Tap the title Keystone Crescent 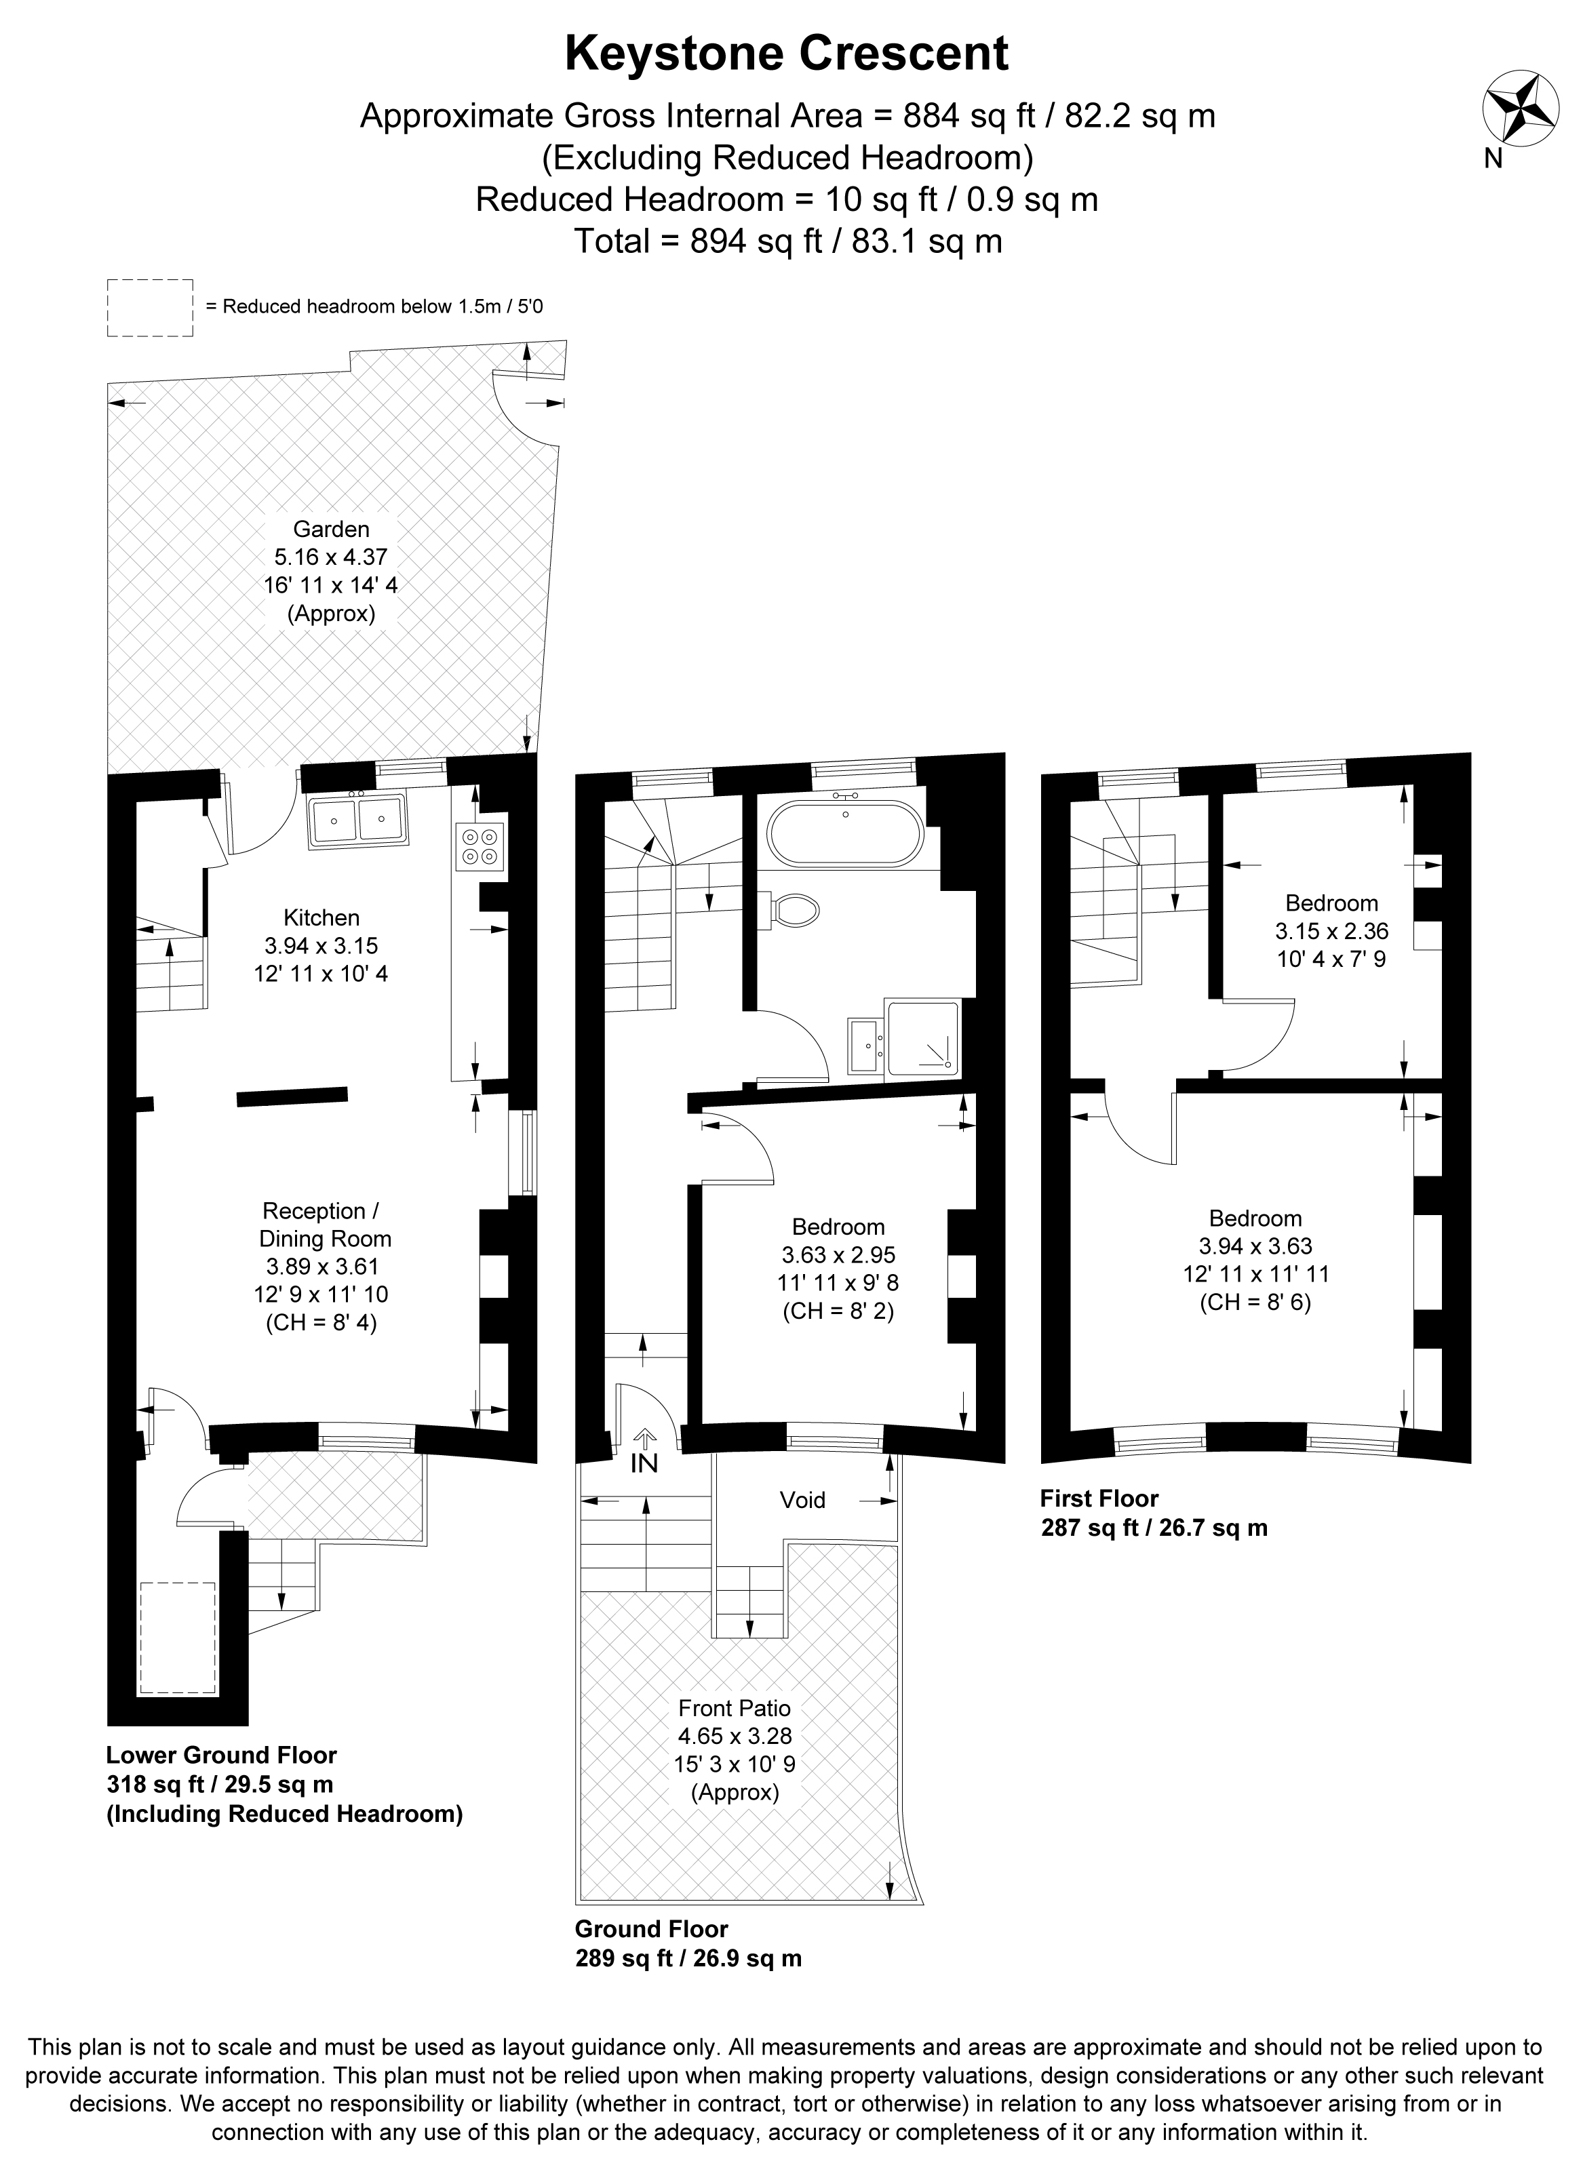click(x=787, y=54)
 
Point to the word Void click(x=802, y=1499)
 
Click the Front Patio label click(x=735, y=1707)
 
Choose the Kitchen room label click(x=322, y=917)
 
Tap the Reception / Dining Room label click(x=325, y=1225)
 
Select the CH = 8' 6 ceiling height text click(x=1255, y=1302)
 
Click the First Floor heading click(x=1099, y=1499)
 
